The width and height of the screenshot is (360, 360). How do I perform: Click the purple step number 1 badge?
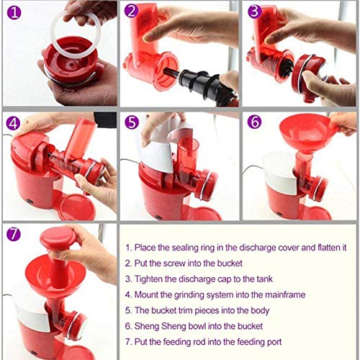pos(14,12)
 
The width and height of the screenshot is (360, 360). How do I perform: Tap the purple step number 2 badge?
pos(132,11)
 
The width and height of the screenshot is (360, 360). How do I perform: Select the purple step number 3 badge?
pos(254,11)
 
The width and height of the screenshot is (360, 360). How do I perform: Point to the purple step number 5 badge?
pos(132,122)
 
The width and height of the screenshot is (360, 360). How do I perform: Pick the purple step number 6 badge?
pos(255,122)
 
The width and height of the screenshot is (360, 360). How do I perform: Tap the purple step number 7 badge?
pos(14,234)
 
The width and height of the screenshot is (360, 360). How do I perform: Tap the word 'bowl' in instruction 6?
pos(197,326)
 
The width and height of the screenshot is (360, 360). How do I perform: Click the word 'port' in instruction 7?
pos(274,342)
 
